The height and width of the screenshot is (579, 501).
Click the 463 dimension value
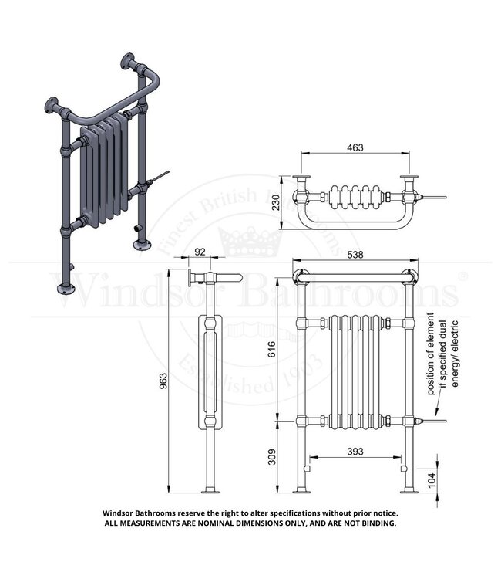pyautogui.click(x=355, y=147)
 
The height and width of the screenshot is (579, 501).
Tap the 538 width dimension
pyautogui.click(x=355, y=254)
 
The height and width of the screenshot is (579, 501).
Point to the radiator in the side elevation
pyautogui.click(x=209, y=371)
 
